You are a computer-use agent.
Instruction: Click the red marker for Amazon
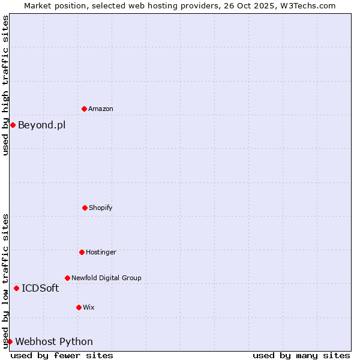click(85, 109)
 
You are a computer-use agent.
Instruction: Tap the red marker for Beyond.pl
click(13, 125)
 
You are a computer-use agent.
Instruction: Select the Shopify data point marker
click(85, 208)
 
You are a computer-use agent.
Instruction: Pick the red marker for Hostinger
click(82, 252)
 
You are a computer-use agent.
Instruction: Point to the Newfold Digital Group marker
click(67, 278)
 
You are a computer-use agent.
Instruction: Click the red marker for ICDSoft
click(16, 288)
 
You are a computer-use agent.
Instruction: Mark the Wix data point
click(79, 307)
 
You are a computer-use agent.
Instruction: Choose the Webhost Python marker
click(10, 341)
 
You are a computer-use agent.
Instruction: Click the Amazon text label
click(101, 109)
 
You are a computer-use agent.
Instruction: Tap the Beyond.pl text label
click(42, 125)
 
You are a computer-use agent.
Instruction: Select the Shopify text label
click(101, 208)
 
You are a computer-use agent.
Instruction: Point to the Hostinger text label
click(101, 252)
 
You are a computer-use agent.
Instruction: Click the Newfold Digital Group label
click(106, 278)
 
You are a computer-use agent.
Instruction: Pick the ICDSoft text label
click(40, 288)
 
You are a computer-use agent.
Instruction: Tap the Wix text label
click(89, 307)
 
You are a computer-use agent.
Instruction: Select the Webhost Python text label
click(54, 341)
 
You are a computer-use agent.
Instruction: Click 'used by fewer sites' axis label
click(62, 355)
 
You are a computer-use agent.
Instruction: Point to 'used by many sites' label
click(301, 355)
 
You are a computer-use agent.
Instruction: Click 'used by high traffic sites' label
click(5, 85)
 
